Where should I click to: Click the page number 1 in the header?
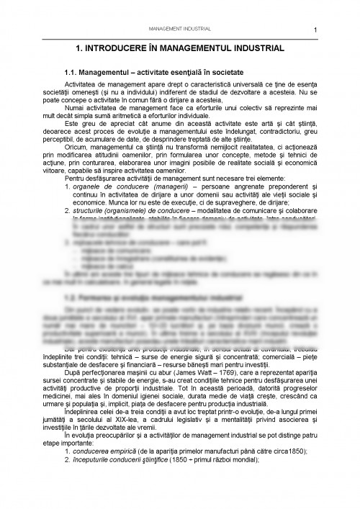[316, 30]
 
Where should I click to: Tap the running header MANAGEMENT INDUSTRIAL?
[179, 29]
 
